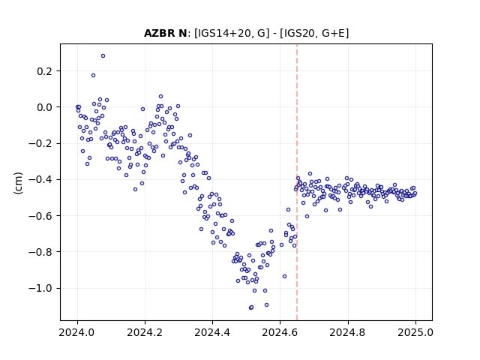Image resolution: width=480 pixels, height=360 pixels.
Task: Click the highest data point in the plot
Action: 103,56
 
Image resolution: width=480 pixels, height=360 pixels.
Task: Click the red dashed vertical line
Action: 297,182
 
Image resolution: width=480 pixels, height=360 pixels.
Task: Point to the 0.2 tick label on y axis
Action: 45,71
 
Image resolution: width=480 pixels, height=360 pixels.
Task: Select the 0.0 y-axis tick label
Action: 45,107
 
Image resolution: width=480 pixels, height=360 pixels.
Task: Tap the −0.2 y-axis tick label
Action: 40,143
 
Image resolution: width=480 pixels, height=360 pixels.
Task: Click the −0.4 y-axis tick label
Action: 40,180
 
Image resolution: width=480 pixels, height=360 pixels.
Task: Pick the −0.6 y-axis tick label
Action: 40,216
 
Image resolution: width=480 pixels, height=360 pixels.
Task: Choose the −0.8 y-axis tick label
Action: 40,252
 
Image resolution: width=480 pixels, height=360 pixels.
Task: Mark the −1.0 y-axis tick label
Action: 40,288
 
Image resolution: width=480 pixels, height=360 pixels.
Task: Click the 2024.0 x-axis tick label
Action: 77,332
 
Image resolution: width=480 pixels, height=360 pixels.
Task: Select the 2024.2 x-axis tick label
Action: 145,332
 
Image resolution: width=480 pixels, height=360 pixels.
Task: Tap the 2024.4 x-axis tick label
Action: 212,332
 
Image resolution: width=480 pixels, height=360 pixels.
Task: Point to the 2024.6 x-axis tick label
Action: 280,332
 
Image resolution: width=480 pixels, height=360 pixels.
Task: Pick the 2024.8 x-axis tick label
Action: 348,332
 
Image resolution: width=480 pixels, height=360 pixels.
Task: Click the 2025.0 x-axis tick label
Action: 415,332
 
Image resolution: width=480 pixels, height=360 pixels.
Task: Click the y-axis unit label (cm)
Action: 18,183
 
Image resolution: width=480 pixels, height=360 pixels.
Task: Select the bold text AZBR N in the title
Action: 165,33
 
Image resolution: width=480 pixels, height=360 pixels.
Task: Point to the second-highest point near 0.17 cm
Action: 93,75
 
